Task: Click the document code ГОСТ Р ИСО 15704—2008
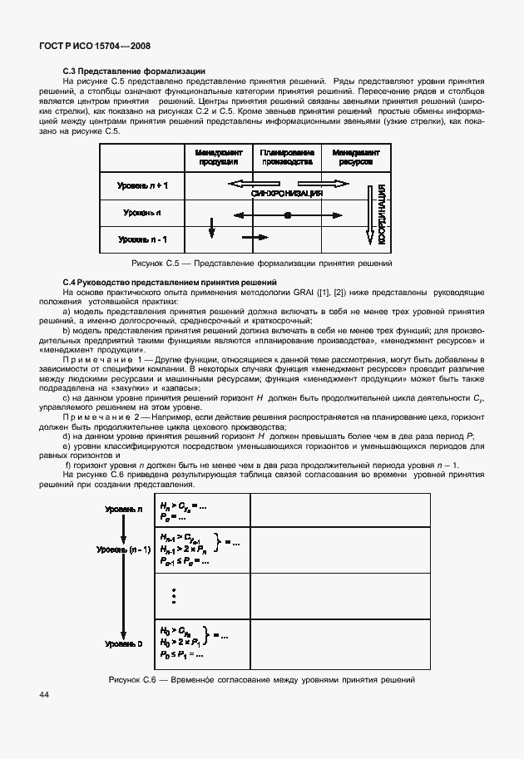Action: pos(94,49)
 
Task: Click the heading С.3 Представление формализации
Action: pos(134,71)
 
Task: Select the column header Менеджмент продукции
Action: pos(219,157)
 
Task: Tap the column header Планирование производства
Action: pos(287,157)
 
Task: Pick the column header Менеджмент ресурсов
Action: pos(355,157)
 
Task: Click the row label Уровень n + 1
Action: pos(142,185)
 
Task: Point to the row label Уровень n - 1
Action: pos(142,239)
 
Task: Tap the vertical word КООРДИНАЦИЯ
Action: pos(380,214)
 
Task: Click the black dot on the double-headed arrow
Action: pos(287,214)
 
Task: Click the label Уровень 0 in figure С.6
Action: pos(124,643)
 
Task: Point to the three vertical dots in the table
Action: pos(174,597)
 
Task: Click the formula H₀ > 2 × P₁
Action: pos(181,643)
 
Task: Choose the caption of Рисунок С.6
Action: pos(261,680)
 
